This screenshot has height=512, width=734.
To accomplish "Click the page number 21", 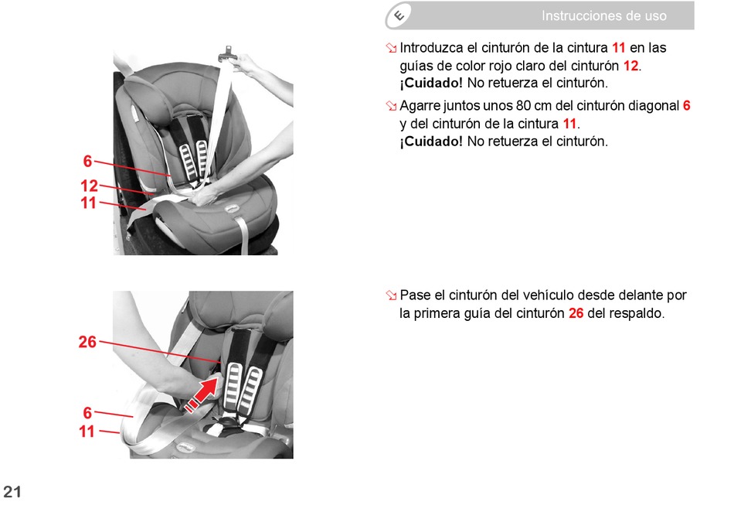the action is (x=12, y=491).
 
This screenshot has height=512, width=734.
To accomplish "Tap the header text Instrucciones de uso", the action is (x=604, y=16).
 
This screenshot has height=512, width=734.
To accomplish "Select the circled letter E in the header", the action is (x=399, y=15).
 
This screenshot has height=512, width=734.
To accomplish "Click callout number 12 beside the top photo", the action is (x=89, y=186).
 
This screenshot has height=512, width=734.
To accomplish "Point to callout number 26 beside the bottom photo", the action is (x=87, y=342).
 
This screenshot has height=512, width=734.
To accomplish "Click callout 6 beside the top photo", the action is (x=87, y=161).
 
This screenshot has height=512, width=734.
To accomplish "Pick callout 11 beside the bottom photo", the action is (x=87, y=431).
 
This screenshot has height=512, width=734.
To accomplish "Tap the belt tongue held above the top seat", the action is (x=227, y=55).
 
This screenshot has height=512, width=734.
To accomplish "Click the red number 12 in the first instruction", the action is (x=630, y=66).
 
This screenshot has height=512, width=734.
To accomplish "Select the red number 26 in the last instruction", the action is (x=576, y=313).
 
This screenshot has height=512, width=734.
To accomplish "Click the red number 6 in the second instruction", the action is (x=687, y=105).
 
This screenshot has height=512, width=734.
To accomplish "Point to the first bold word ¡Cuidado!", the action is (x=430, y=83).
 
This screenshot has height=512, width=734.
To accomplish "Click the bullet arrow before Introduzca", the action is (x=391, y=48).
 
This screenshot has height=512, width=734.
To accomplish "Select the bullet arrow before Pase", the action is (x=391, y=295).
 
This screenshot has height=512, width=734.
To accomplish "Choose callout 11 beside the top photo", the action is (x=88, y=203).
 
